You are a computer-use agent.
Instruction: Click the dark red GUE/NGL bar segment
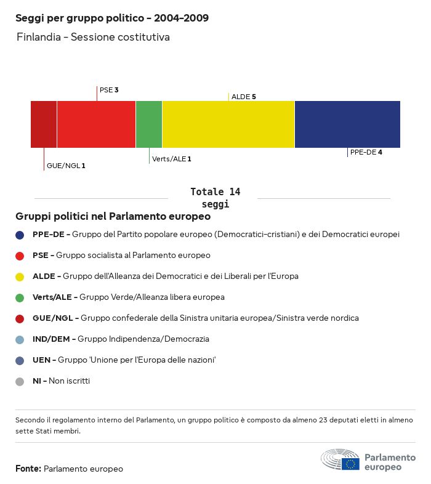44,124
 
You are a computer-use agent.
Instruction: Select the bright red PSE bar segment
96,124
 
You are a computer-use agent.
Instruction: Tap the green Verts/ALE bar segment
149,124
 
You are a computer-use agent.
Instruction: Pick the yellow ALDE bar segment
228,124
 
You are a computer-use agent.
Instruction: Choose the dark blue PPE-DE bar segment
347,124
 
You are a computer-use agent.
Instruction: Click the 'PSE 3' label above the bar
109,90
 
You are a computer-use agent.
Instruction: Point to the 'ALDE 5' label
243,97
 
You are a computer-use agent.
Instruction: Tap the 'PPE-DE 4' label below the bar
366,152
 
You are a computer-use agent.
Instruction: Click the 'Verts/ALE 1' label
171,159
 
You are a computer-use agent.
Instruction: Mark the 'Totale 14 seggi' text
215,198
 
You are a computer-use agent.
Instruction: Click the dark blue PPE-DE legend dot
20,235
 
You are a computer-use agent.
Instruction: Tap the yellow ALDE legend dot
20,276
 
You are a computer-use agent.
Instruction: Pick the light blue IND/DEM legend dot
20,339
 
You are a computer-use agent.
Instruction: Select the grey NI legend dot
20,381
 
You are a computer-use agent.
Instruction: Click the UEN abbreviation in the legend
41,360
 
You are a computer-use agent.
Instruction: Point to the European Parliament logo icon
340,460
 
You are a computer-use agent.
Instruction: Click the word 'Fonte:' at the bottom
28,469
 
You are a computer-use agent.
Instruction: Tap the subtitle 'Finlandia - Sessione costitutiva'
93,38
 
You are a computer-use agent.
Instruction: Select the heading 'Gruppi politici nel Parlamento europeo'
113,217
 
